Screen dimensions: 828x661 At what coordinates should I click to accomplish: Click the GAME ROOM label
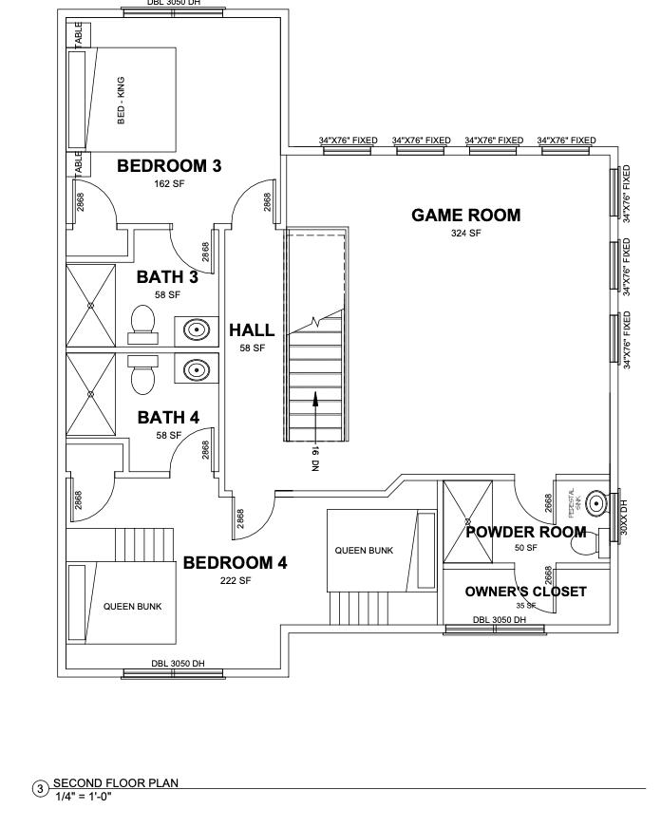point(465,216)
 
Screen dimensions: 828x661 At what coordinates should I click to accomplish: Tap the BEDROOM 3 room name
point(169,166)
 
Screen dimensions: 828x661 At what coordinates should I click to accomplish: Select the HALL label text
point(252,330)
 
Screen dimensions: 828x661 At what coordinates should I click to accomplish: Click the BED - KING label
point(122,101)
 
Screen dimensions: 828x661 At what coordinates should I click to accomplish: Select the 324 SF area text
point(465,234)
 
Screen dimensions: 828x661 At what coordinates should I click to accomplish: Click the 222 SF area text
point(235,580)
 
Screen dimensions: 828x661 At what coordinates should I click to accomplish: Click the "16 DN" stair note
point(315,459)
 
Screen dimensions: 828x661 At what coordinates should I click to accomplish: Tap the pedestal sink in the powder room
point(596,501)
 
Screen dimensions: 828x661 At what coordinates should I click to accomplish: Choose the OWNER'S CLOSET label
point(525,592)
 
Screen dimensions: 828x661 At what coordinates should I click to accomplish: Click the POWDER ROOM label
point(525,532)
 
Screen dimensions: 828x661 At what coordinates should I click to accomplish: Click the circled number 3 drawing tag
point(40,789)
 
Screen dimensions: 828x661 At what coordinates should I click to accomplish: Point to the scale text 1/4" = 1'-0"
point(84,796)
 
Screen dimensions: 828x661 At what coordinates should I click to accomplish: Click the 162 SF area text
point(169,184)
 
